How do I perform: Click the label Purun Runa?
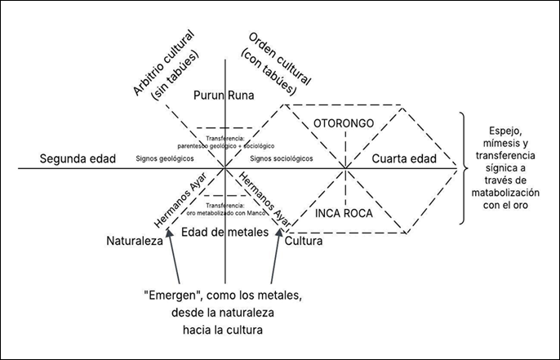(x=224, y=96)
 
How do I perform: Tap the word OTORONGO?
(x=344, y=122)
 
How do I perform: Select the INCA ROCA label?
(x=344, y=213)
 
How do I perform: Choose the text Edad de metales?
(x=224, y=232)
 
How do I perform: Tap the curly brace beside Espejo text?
(x=466, y=169)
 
